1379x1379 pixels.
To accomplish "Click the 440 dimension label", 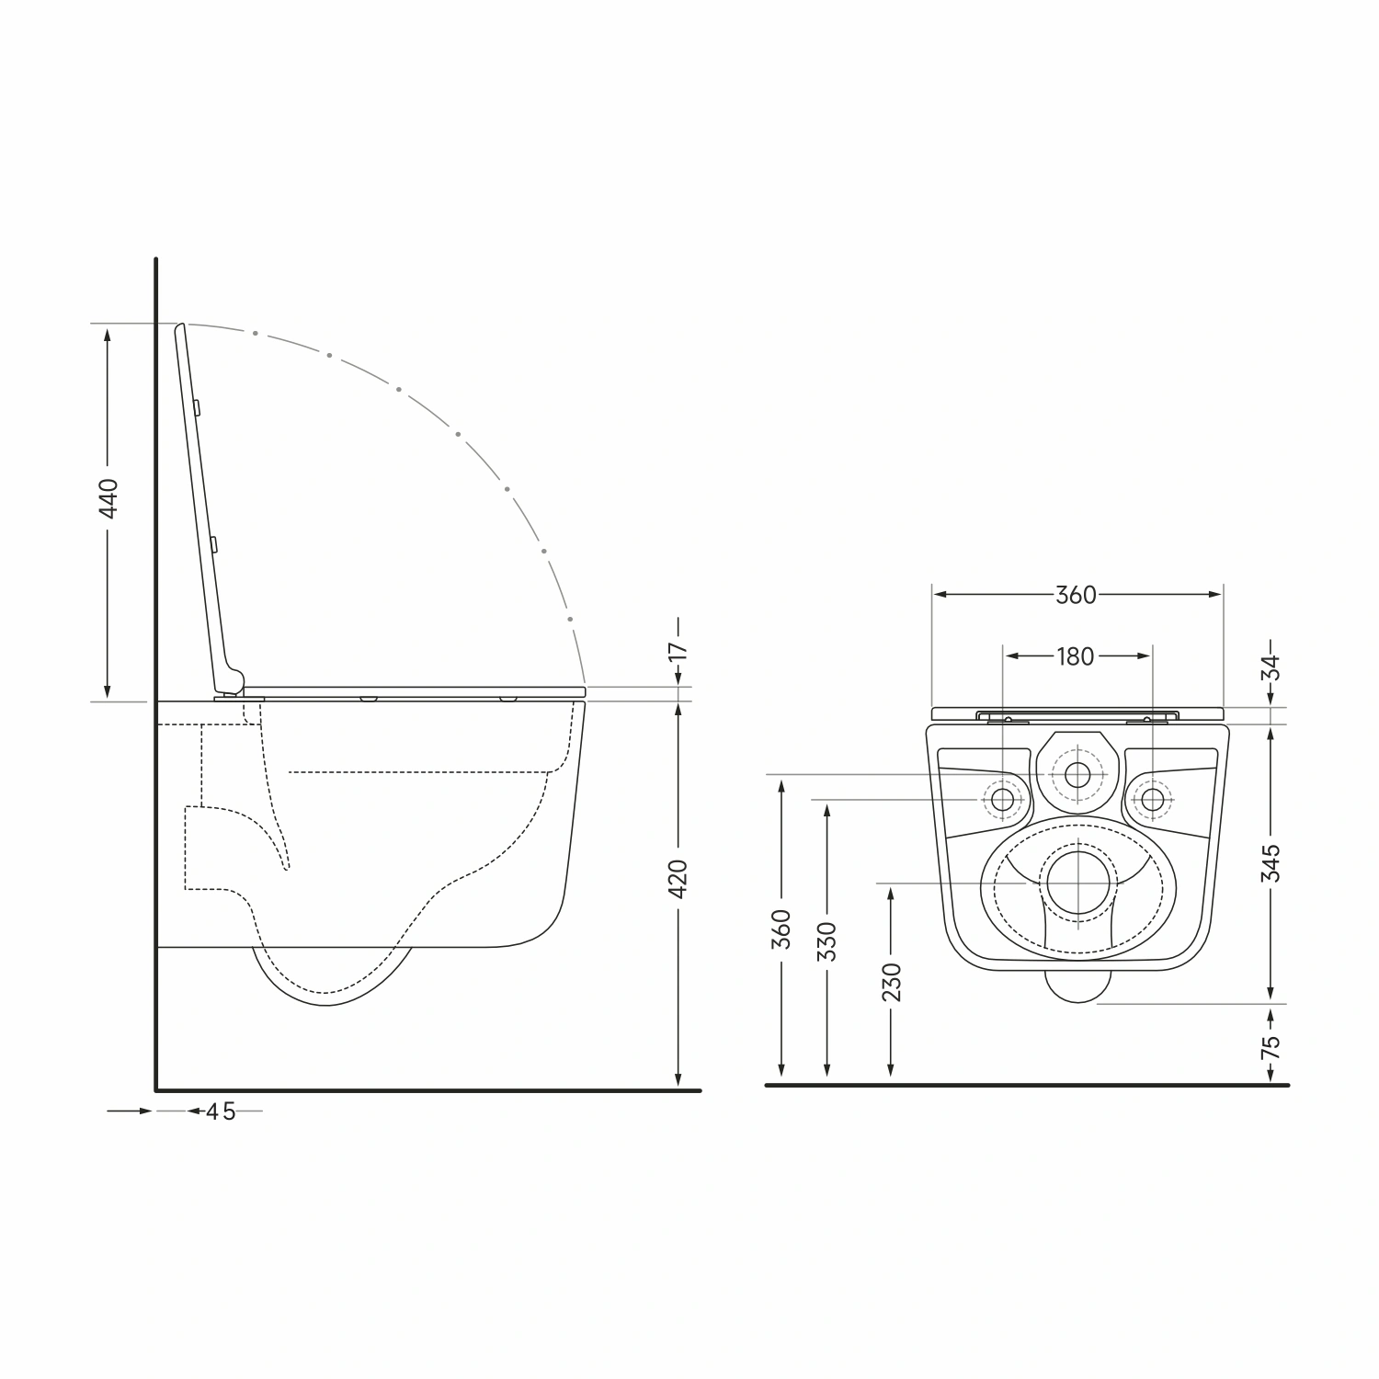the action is pyautogui.click(x=108, y=498).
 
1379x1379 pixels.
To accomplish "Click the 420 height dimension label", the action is pyautogui.click(x=678, y=879).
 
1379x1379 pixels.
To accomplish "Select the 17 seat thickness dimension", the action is pyautogui.click(x=678, y=650).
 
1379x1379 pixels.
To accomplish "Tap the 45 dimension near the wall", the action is pyautogui.click(x=221, y=1111).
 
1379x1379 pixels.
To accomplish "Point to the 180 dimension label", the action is pyautogui.click(x=1076, y=656).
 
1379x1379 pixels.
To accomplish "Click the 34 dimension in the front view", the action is pyautogui.click(x=1271, y=667).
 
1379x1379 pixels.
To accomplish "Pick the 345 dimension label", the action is pyautogui.click(x=1271, y=862).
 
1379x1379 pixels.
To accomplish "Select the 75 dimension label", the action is pyautogui.click(x=1271, y=1046).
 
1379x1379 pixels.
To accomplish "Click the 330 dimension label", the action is pyautogui.click(x=828, y=941).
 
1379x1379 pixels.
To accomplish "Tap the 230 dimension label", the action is pyautogui.click(x=891, y=982).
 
